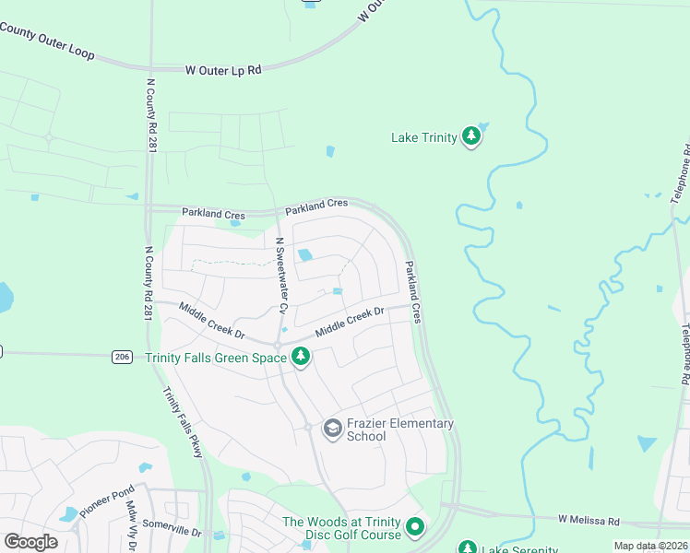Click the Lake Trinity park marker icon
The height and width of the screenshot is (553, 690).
click(x=471, y=137)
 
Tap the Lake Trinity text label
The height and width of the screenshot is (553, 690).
click(x=424, y=138)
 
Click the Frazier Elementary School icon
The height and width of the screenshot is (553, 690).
click(x=332, y=429)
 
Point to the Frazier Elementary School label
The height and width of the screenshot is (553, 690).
click(x=400, y=429)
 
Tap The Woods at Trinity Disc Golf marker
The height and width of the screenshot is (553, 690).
click(x=415, y=528)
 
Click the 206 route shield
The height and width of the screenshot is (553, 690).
click(x=123, y=355)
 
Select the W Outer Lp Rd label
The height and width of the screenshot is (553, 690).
click(x=223, y=69)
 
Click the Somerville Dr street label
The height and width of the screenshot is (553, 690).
click(x=172, y=532)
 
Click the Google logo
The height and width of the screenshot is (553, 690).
click(x=30, y=541)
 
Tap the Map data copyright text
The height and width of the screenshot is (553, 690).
click(x=650, y=546)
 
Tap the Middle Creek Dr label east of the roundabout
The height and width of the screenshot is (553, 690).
click(x=350, y=322)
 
